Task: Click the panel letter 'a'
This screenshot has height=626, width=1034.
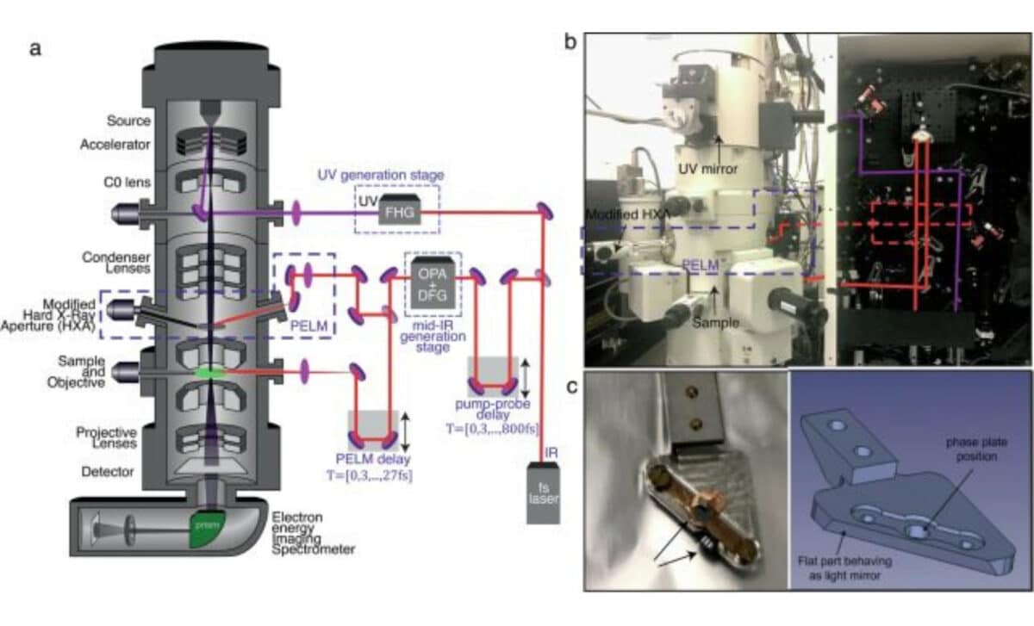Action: pyautogui.click(x=35, y=48)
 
